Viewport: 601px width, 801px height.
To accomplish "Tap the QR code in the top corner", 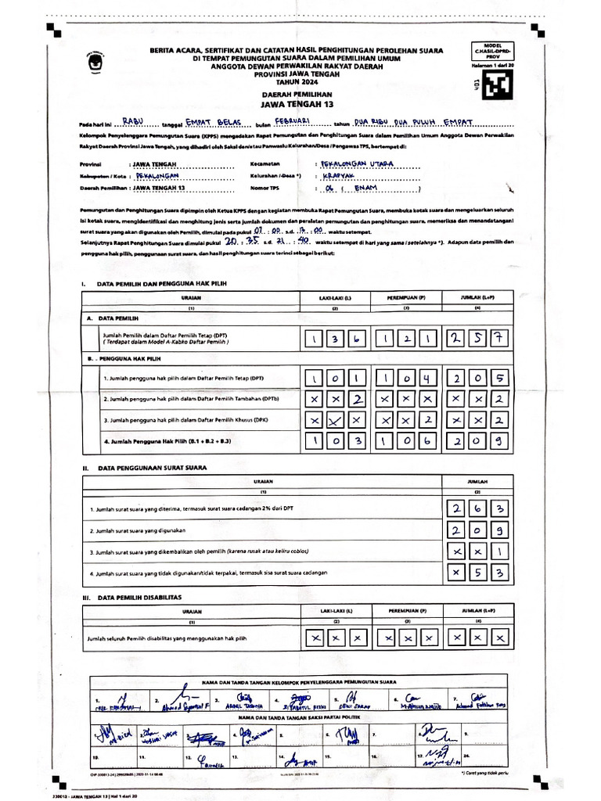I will coord(495,85).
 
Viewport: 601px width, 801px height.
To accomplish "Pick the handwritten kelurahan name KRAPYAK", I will coord(339,177).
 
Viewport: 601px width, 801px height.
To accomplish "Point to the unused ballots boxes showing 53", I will coord(478,573).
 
